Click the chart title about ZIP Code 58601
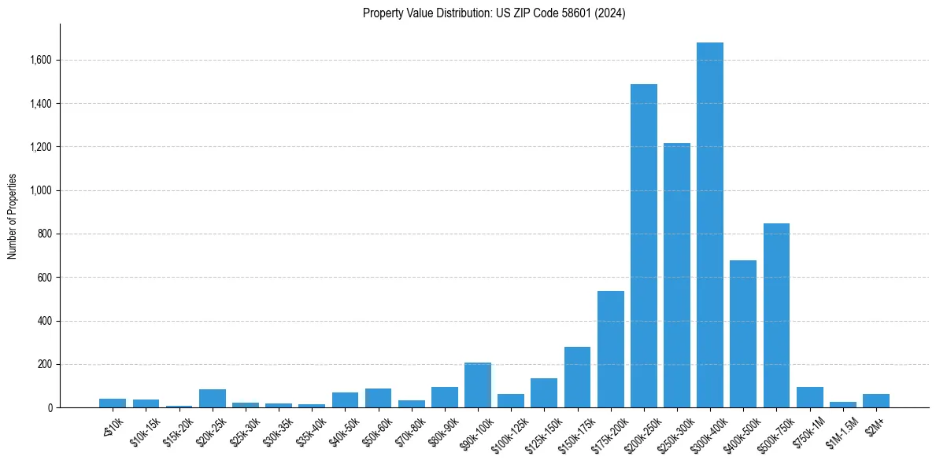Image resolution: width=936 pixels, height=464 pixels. tap(494, 13)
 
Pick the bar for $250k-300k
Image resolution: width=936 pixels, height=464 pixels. tap(677, 275)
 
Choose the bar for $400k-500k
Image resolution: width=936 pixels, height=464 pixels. tap(743, 333)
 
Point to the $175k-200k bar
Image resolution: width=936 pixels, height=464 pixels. tap(611, 349)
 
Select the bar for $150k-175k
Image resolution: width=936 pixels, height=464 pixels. tap(577, 377)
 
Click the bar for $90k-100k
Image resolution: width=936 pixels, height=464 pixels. tap(478, 385)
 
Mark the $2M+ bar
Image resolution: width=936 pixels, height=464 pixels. tap(876, 400)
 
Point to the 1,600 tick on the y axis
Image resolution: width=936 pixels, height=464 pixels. tap(41, 60)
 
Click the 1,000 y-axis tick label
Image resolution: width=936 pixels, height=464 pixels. tap(41, 190)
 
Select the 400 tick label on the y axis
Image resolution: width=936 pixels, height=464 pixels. tap(46, 321)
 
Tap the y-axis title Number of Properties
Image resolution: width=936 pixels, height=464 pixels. tap(13, 215)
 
